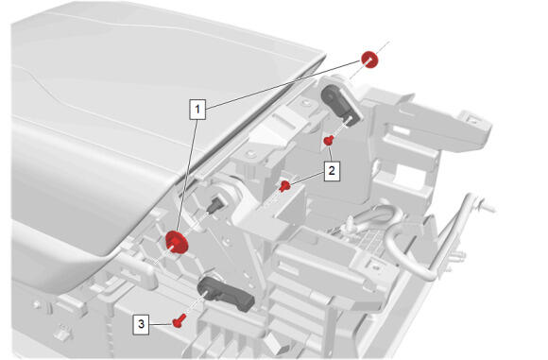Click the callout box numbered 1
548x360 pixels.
pos(197,110)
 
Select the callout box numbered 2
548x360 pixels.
pos(332,171)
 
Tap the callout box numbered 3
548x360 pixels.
pos(141,324)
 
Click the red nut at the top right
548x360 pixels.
pos(369,60)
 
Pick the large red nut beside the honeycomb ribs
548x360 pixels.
pos(177,243)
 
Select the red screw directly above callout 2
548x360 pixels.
pos(328,141)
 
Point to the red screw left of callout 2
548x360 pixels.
pos(284,186)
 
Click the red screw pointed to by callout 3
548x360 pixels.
pos(179,320)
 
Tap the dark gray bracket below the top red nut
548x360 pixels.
pos(340,102)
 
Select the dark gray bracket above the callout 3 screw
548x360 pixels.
pos(226,293)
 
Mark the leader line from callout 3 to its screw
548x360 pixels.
pos(162,324)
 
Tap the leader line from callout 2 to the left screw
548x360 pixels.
pos(307,179)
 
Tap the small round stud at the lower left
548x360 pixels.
pos(36,305)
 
